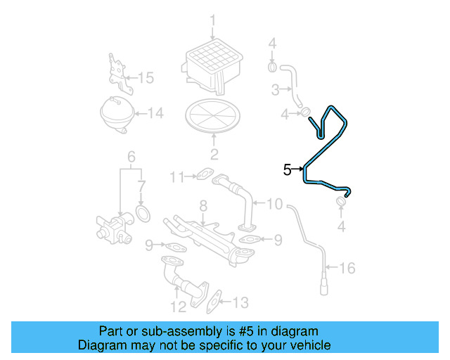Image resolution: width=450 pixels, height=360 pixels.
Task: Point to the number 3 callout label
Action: [276, 89]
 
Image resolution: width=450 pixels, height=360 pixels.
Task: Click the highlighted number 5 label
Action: [288, 169]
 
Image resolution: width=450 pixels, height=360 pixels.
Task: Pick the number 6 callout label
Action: [130, 155]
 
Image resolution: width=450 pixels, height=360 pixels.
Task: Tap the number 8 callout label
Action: [202, 206]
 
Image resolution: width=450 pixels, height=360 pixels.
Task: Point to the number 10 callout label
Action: [274, 205]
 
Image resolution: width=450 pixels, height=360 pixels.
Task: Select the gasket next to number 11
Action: [202, 174]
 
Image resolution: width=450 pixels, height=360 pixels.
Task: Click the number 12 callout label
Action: [177, 306]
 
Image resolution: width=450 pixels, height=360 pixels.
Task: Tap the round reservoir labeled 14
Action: [116, 112]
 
